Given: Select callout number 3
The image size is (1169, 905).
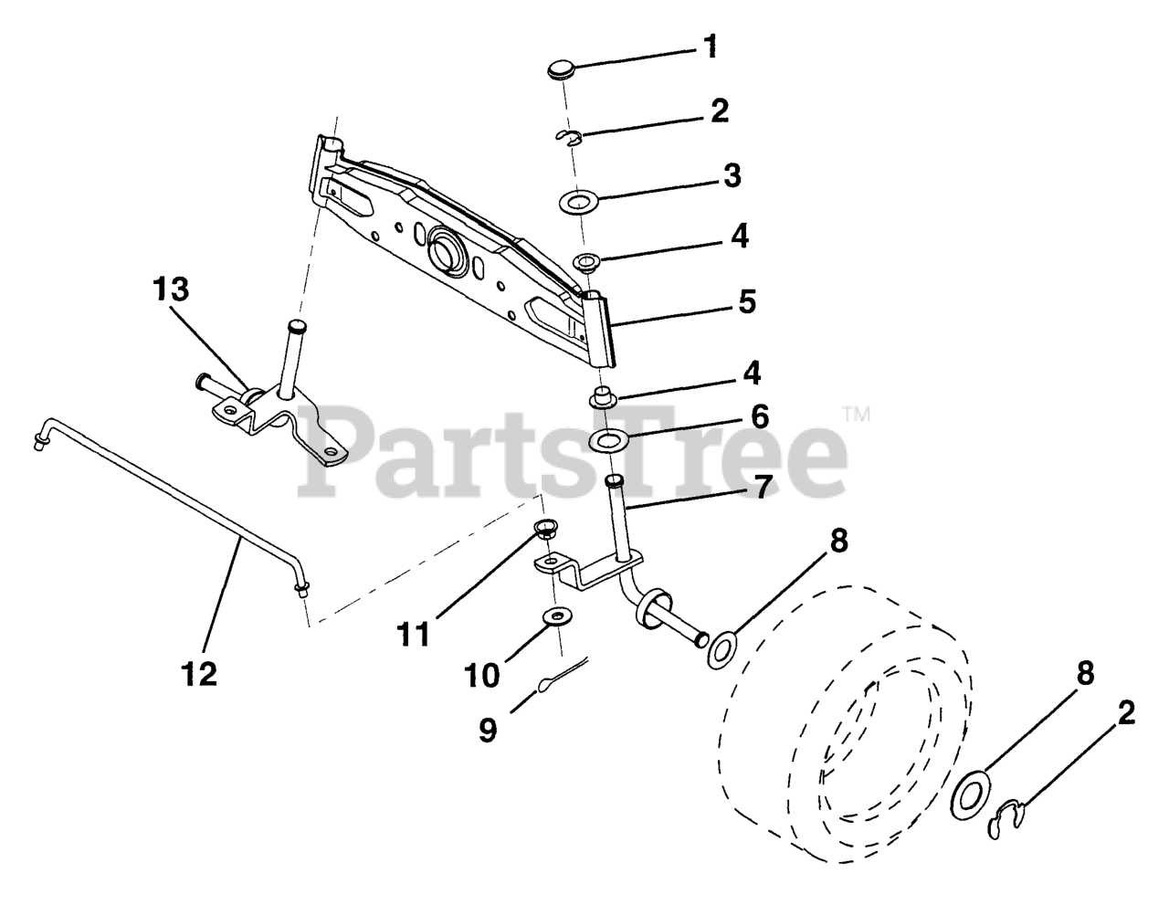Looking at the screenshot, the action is [x=732, y=175].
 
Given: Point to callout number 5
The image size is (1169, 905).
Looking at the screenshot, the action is [x=747, y=302].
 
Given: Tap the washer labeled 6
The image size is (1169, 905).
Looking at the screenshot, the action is [x=606, y=442].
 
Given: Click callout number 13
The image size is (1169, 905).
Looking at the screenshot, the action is [x=172, y=290].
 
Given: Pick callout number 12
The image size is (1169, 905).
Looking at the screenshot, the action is [x=200, y=674].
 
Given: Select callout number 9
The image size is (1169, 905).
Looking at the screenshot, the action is [x=489, y=731].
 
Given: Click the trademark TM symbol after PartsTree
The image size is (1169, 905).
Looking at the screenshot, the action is [x=856, y=414].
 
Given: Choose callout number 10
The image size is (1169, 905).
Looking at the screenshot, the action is [x=482, y=676].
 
